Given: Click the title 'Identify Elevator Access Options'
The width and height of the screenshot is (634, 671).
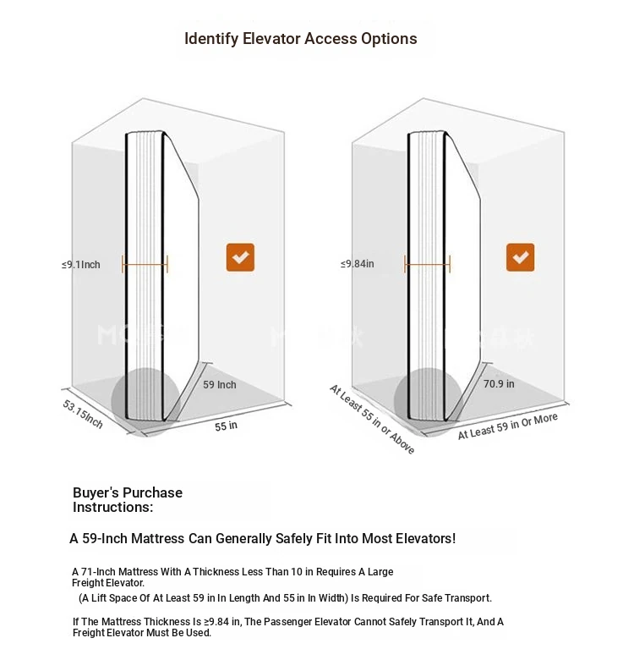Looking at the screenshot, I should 300,39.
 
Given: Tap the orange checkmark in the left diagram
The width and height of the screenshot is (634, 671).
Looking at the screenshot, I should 240,257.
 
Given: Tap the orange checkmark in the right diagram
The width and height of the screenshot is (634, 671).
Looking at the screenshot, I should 520,257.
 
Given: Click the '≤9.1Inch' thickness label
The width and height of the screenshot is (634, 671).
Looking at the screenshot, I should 81,265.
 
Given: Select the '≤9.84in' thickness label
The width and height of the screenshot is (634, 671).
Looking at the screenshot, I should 358,265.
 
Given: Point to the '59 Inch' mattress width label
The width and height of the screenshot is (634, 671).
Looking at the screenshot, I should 220,385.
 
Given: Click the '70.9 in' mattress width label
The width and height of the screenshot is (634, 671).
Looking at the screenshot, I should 499,383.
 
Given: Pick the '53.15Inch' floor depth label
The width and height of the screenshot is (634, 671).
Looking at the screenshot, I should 83,412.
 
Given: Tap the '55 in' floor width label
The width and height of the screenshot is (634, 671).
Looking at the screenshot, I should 226,426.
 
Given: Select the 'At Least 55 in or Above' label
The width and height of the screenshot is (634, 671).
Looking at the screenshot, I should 372,419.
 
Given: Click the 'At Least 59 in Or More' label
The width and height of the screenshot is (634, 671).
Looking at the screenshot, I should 508,426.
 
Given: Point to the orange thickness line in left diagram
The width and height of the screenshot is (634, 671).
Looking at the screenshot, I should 145,265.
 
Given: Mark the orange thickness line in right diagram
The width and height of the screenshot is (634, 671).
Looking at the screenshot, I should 428,265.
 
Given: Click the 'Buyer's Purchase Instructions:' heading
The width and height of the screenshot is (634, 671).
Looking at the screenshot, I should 127,499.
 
